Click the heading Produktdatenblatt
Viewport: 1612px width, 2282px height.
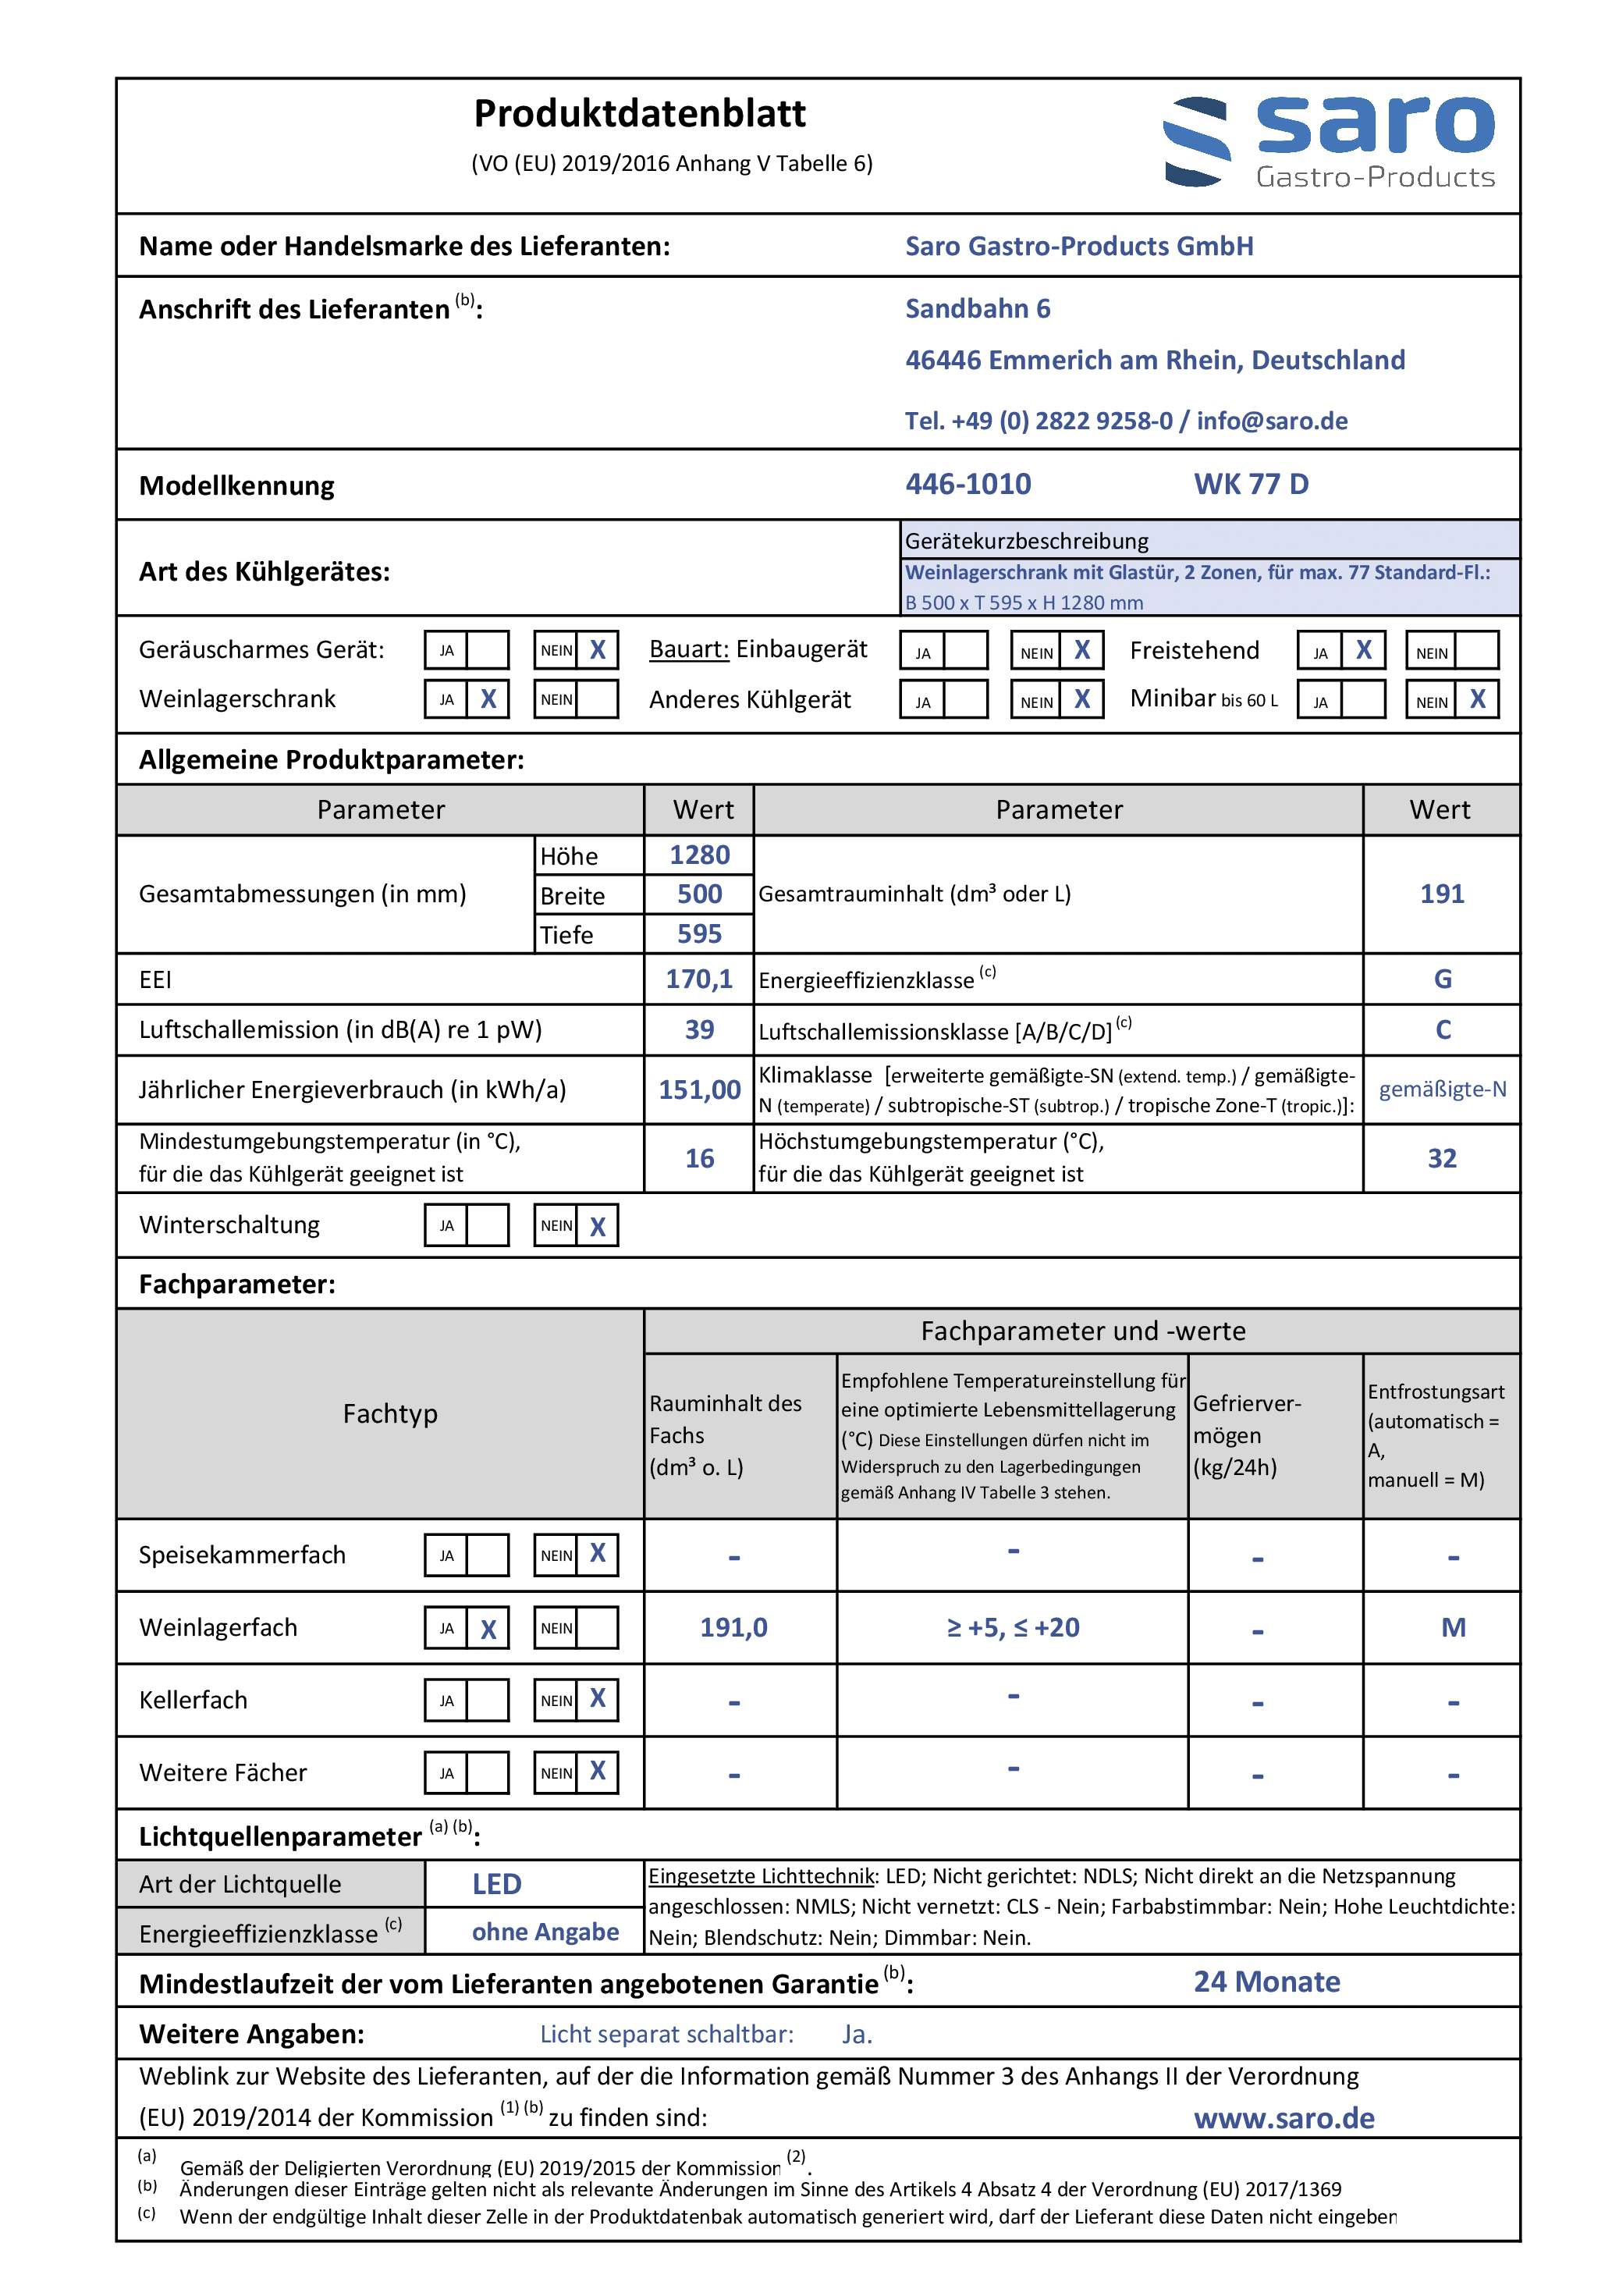pos(639,114)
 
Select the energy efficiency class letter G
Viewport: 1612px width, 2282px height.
pos(1442,980)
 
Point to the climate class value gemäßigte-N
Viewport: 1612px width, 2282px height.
pos(1442,1089)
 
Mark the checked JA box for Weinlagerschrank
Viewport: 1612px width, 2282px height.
pos(488,700)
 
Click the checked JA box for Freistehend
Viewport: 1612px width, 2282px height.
pos(1364,651)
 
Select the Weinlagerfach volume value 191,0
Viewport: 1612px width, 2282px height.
pos(733,1628)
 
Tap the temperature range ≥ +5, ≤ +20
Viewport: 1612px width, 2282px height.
pos(1013,1628)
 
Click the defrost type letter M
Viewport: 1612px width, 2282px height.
pos(1453,1628)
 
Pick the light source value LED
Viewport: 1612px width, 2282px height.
pos(496,1885)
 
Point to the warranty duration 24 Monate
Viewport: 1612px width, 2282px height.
pos(1266,1983)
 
